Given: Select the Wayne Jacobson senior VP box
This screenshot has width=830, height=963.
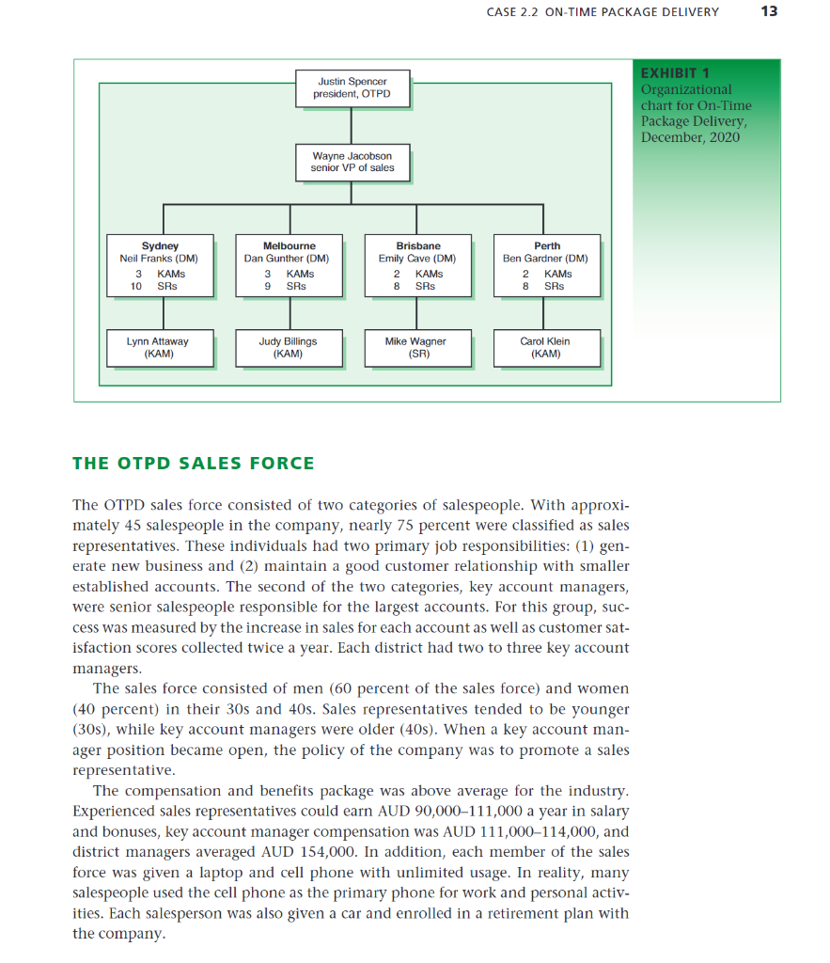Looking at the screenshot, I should (352, 162).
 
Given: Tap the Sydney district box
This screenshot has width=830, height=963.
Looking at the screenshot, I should (160, 266).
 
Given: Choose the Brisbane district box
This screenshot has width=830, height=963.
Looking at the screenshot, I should (417, 266).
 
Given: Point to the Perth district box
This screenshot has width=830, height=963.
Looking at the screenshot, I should (545, 266).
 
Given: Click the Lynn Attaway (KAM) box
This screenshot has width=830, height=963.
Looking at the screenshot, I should (158, 348).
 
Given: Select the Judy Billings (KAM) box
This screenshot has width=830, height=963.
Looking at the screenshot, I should (288, 348).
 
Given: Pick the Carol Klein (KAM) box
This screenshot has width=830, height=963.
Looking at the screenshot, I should (545, 348).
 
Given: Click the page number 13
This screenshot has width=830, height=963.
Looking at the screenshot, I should (770, 12).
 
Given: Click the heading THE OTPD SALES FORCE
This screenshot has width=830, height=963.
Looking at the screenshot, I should (194, 463).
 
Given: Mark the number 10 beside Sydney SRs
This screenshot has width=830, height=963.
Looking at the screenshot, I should (136, 286).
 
